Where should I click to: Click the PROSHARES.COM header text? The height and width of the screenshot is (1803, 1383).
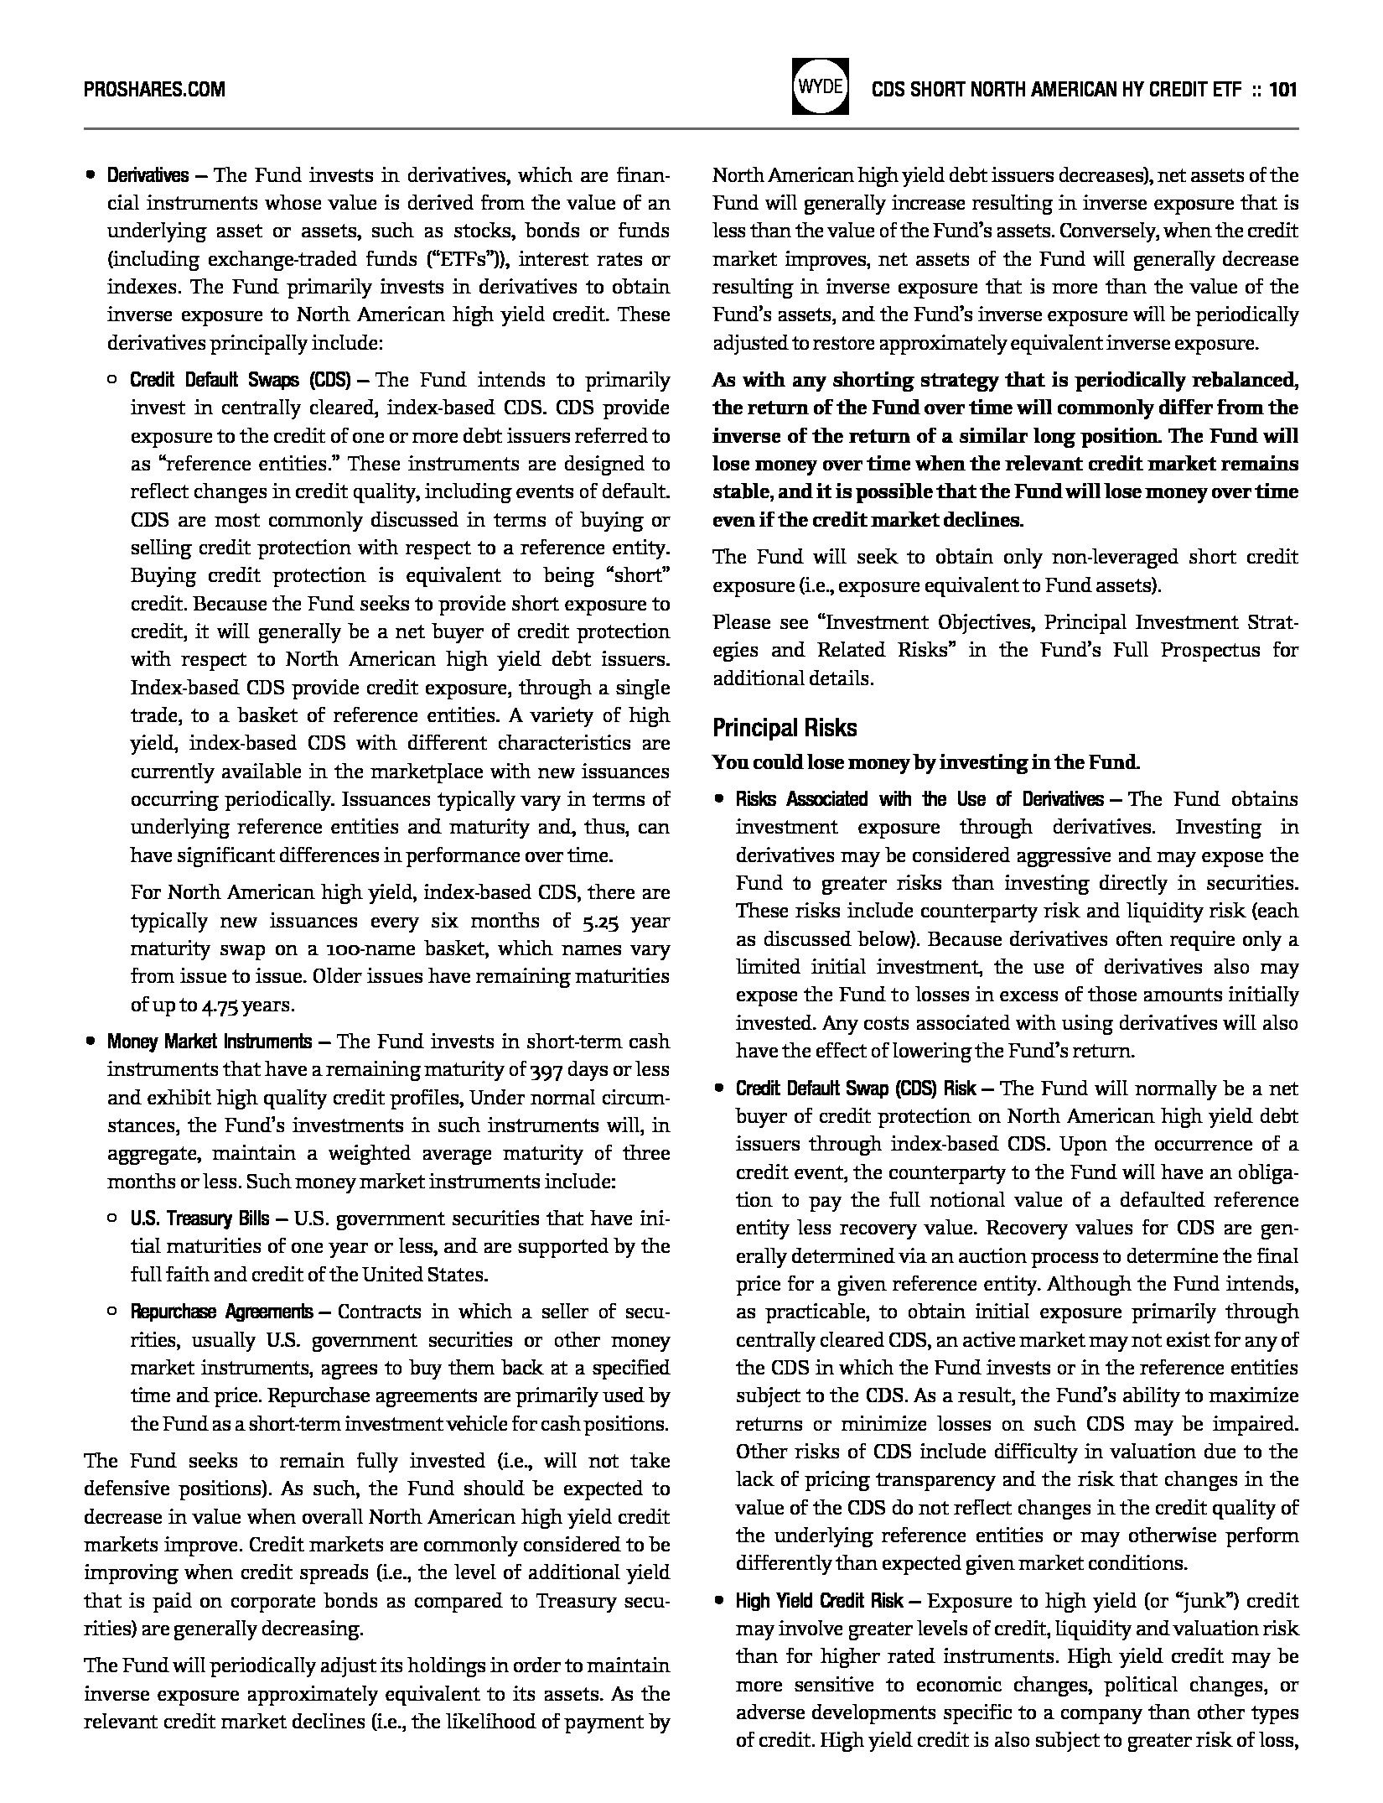154,89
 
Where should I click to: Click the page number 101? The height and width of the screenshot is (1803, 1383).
1283,89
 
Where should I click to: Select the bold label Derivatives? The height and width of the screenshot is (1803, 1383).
148,175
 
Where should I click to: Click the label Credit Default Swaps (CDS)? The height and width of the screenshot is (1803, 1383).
240,380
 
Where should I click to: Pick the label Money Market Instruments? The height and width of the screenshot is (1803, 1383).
209,1042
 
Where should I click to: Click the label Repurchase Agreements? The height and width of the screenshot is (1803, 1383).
221,1312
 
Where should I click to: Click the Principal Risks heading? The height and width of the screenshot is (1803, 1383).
785,727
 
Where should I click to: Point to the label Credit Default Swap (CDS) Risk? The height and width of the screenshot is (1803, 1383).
856,1089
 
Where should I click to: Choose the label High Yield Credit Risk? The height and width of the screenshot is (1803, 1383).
820,1601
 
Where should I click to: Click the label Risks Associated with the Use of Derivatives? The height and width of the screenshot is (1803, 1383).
919,799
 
